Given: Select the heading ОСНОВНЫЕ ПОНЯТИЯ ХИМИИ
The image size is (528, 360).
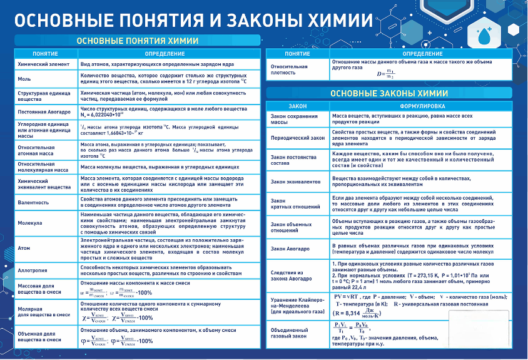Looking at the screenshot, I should [x=138, y=41].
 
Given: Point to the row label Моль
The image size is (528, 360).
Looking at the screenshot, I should [x=25, y=80].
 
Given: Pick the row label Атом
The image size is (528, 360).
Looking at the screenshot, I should [x=24, y=247].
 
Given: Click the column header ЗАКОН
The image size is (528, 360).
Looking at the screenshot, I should [x=297, y=106].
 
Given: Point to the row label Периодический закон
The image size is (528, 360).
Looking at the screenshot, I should [x=297, y=137].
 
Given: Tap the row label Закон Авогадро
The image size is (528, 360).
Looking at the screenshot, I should [x=291, y=249].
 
